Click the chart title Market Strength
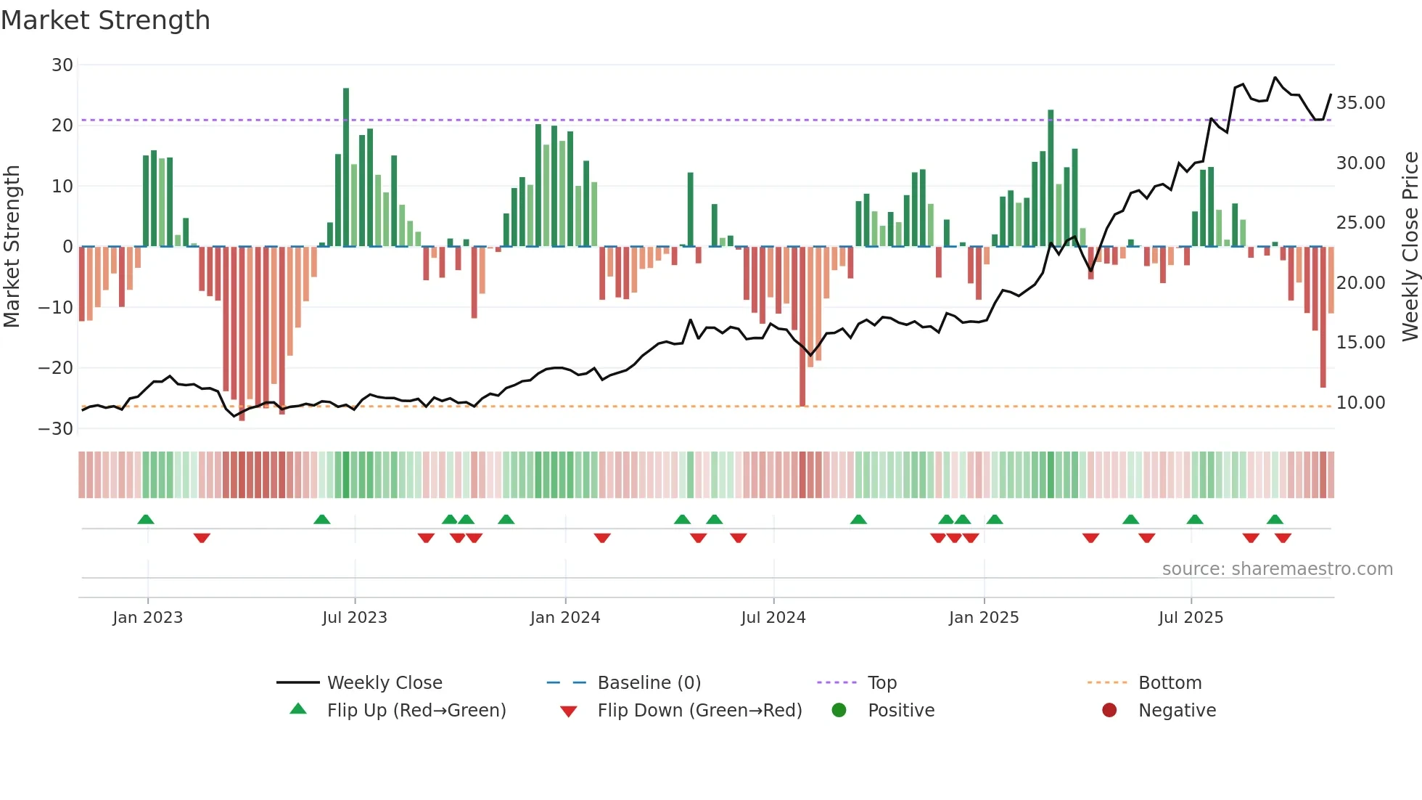pos(105,20)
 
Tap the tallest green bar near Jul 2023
pos(346,167)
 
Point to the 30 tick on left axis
pos(62,65)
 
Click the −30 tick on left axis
pos(57,429)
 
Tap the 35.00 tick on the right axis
pos(1360,103)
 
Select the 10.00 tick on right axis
pos(1360,403)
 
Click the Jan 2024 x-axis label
pos(565,618)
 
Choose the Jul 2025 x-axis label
pos(1191,618)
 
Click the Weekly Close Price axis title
pos(1410,247)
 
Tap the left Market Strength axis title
pos(12,247)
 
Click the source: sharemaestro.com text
pos(1277,569)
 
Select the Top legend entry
pos(881,683)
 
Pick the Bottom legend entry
pos(1170,683)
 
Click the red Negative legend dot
pos(1109,711)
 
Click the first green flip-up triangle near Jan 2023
pos(146,520)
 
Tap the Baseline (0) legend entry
pos(649,683)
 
